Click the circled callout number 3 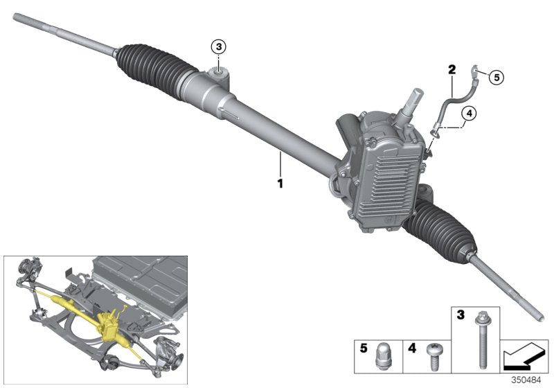219,47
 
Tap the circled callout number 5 497,76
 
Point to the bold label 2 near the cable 452,69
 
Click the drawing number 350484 531,380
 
